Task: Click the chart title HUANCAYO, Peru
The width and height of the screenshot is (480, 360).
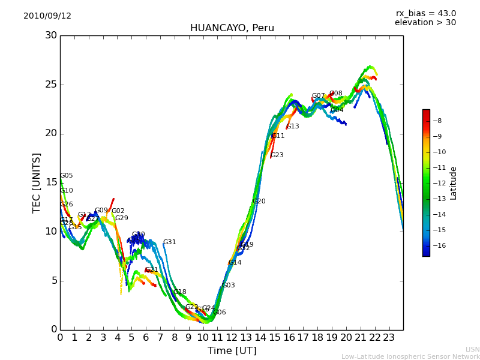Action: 232,28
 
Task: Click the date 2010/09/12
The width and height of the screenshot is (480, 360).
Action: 47,16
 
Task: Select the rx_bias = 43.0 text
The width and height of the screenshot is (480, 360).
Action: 425,14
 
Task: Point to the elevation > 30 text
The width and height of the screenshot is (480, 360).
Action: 425,23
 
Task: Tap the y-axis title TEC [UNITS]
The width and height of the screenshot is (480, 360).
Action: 37,182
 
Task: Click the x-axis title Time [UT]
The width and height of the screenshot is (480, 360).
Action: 232,350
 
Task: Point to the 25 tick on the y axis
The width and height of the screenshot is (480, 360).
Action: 51,85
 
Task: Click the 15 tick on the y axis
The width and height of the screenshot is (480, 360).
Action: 51,182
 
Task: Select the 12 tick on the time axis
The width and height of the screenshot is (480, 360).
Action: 232,337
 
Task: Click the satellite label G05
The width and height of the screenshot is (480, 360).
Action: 67,176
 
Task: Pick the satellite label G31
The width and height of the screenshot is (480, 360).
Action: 170,242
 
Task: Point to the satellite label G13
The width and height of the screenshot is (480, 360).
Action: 293,127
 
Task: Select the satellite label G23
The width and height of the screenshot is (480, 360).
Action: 277,155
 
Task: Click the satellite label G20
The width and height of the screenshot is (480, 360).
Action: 259,202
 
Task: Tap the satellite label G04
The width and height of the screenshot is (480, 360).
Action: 337,110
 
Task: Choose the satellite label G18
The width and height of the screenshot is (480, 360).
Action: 180,292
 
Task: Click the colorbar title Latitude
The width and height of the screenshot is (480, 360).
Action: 454,183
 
